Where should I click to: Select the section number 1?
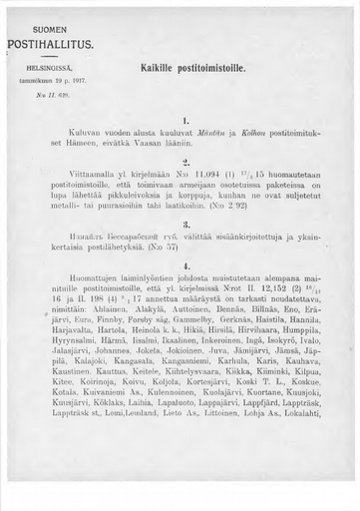pos(187,120)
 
